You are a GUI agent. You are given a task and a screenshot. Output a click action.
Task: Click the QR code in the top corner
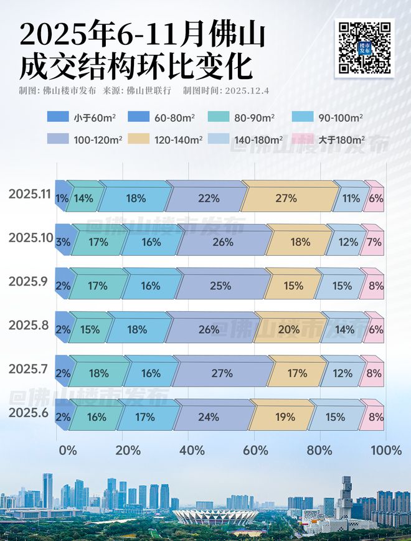tap(365, 47)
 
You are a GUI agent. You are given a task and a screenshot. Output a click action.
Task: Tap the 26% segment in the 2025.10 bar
tap(222, 242)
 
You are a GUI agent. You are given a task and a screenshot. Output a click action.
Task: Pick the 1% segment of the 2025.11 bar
tap(61, 199)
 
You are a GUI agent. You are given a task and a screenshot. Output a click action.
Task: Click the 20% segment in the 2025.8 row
tap(289, 330)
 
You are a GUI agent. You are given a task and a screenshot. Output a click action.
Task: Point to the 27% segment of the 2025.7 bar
tap(222, 374)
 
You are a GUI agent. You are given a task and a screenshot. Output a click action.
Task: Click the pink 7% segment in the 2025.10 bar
tap(374, 242)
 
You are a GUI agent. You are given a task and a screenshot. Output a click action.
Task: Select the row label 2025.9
tap(29, 281)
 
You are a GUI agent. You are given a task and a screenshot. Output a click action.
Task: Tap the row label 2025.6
tap(29, 412)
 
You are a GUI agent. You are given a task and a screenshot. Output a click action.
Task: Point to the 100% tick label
tap(385, 450)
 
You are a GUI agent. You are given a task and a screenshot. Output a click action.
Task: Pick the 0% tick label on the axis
tap(67, 450)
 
